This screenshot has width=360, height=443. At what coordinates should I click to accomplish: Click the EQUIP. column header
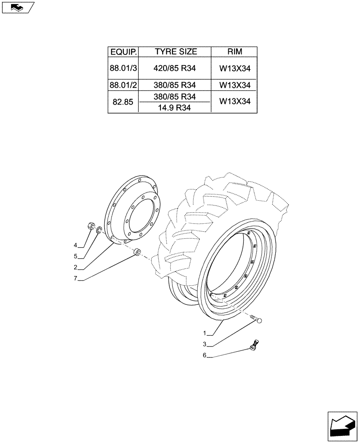tap(123, 52)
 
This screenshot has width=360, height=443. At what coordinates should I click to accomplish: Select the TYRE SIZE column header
tap(176, 52)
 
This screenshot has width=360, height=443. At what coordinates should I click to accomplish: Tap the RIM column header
tap(235, 52)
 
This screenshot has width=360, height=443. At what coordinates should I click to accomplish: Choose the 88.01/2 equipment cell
tap(123, 85)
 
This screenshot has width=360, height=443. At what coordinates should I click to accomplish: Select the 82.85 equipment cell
tap(123, 102)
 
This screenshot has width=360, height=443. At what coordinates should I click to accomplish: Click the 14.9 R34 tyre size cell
tap(176, 107)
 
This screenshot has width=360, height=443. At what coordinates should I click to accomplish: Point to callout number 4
tap(75, 245)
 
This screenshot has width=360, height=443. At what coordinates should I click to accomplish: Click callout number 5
tap(75, 256)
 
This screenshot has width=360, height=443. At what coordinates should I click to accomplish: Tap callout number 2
tap(75, 268)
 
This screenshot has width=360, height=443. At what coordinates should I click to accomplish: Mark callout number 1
tap(205, 333)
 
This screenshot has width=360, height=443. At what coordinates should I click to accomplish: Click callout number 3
tap(205, 345)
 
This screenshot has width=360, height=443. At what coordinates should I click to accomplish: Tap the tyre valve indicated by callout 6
tap(255, 345)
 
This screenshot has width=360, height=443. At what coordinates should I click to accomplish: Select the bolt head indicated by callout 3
tap(259, 320)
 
